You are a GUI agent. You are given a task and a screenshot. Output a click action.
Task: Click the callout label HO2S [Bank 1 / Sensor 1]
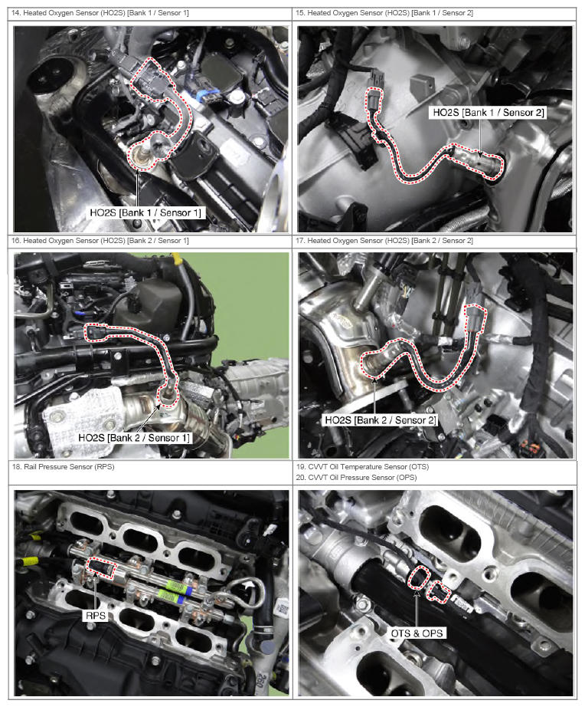[x=145, y=212]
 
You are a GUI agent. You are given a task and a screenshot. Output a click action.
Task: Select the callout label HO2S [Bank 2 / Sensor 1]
[x=134, y=437]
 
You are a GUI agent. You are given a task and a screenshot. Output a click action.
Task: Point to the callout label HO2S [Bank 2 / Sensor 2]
[x=381, y=420]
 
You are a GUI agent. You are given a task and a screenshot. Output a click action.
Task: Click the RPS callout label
[x=96, y=616]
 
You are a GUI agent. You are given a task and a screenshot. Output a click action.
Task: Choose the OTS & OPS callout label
[x=417, y=633]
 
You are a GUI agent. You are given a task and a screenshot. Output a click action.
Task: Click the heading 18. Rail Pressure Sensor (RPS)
[x=63, y=467]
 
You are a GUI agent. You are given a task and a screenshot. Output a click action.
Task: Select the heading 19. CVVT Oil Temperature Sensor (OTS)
[x=362, y=467]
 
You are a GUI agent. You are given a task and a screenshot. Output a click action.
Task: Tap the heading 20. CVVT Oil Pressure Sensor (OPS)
[x=356, y=477]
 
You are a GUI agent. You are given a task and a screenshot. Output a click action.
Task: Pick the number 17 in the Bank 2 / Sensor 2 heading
[x=300, y=241]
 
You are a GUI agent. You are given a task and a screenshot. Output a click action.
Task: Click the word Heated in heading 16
[x=34, y=241]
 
